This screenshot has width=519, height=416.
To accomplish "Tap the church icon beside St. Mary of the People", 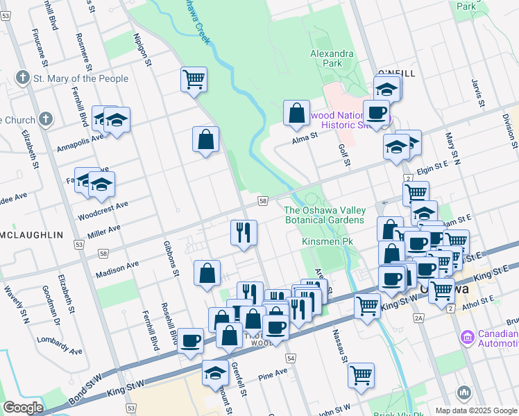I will (x=23, y=78).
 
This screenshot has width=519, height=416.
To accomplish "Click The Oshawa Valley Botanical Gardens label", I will (x=324, y=215).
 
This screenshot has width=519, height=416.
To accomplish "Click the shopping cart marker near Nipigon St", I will (x=194, y=78).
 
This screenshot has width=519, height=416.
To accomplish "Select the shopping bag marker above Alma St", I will (x=296, y=114).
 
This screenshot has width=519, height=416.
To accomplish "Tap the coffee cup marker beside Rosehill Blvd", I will (x=190, y=340).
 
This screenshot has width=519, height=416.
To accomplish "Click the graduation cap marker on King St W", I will (x=216, y=372).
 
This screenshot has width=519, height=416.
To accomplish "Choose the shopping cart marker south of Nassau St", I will (x=361, y=375).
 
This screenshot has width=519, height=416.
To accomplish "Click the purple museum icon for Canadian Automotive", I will (x=467, y=338).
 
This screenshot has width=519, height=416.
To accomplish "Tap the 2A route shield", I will (x=418, y=318).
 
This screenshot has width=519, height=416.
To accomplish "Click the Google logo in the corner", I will (x=22, y=408).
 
